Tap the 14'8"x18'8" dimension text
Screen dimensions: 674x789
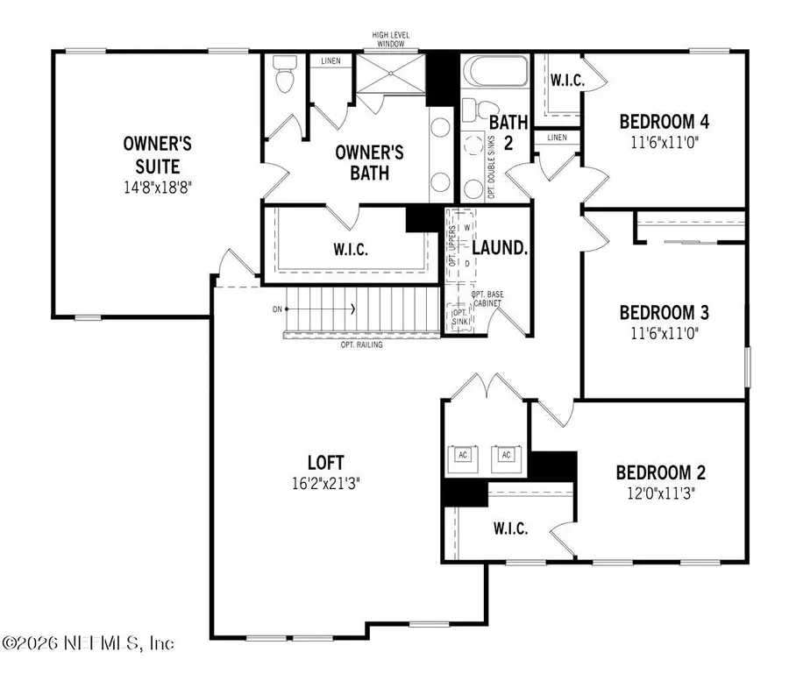[157, 186]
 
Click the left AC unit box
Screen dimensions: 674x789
[464, 454]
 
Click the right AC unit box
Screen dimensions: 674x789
[506, 454]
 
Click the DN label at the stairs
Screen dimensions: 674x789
[277, 309]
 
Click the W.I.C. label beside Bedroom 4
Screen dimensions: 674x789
[567, 81]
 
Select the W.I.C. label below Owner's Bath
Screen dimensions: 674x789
[351, 249]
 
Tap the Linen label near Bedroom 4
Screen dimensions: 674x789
[557, 138]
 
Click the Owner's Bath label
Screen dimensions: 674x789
[369, 162]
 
